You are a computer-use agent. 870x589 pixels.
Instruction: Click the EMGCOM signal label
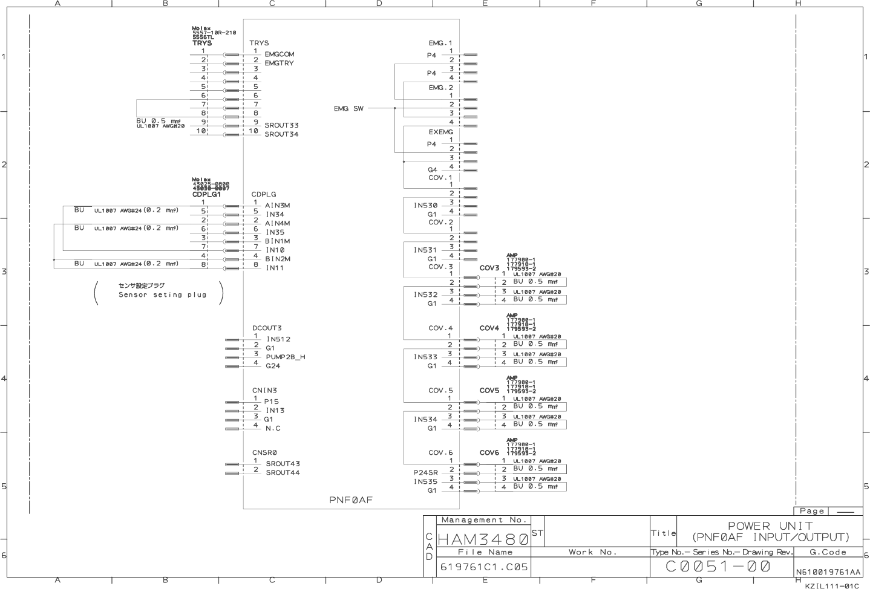coord(279,54)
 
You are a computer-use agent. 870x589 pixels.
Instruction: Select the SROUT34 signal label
coord(281,134)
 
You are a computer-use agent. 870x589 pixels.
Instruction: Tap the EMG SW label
coord(348,109)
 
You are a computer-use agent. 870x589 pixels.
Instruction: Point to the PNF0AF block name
coord(351,500)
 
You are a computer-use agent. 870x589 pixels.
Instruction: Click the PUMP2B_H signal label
coord(286,357)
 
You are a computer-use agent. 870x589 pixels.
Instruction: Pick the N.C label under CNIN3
coord(273,428)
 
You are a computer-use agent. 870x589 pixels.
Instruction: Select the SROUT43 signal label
coord(283,464)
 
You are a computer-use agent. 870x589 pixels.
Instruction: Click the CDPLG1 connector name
coord(206,195)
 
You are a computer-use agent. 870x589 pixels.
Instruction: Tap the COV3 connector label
coord(489,268)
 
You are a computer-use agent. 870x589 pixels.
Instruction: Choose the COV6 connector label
coord(489,453)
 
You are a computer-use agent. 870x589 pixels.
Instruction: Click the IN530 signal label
coord(425,206)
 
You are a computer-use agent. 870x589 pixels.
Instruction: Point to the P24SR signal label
coord(425,473)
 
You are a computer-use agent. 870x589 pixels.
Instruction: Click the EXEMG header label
coord(440,132)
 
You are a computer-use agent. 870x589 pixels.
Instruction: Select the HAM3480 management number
coord(483,538)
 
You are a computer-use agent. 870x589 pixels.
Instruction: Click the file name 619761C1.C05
coord(483,567)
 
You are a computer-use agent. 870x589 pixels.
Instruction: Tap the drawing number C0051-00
coord(718,567)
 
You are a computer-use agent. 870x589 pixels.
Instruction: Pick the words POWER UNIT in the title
coord(770,526)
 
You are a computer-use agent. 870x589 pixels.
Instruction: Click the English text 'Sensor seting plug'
coord(162,295)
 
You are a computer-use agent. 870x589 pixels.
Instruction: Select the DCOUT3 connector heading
coord(267,328)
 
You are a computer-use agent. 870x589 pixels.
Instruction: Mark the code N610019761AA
coord(828,572)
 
